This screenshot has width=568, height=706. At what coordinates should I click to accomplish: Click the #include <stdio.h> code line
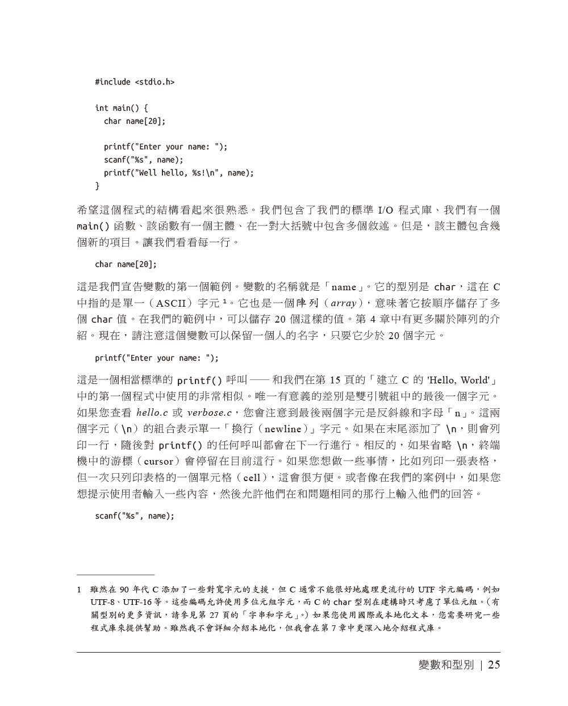tap(135, 82)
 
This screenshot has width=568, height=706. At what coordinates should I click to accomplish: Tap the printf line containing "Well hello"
tap(178, 173)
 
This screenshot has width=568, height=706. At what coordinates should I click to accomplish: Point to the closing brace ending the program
tap(97, 186)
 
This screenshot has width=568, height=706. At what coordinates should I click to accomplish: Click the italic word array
tap(343, 303)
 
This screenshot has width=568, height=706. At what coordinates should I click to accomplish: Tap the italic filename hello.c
tap(153, 413)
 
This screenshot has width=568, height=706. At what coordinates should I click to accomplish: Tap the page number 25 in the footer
tap(494, 665)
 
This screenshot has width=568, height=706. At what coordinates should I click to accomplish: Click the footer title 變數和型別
tap(445, 665)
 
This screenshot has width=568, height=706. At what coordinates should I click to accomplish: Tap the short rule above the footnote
tap(115, 575)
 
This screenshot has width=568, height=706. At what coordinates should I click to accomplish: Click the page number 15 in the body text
tap(335, 380)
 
